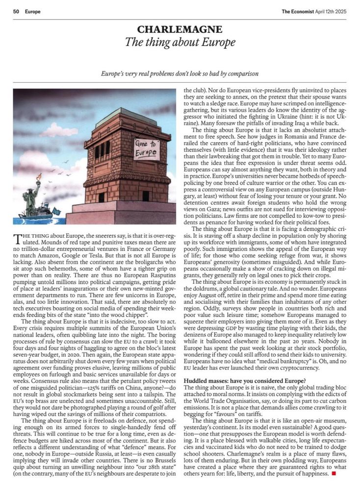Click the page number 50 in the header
15,11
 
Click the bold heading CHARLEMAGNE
180,30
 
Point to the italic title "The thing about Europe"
180,43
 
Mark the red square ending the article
334,473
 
